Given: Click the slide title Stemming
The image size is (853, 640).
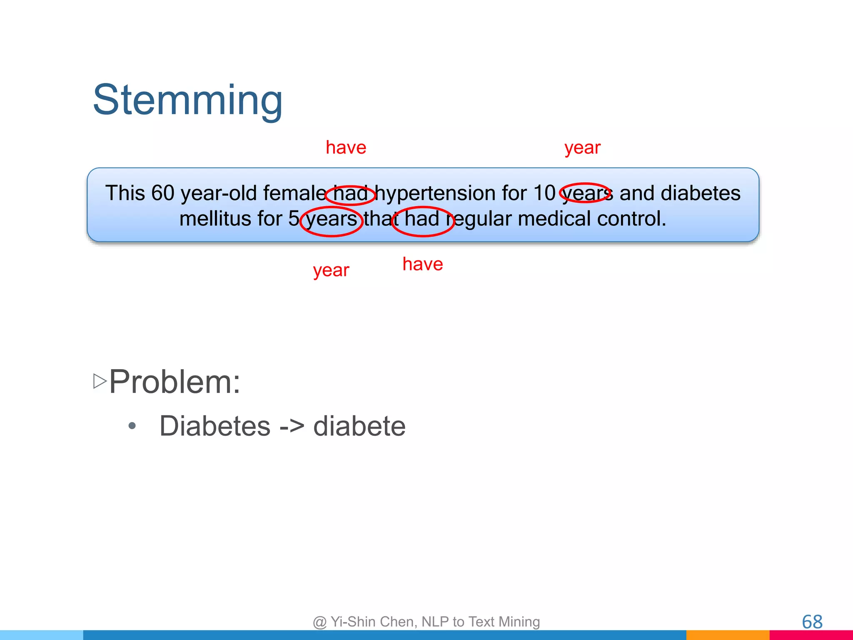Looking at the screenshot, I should [187, 100].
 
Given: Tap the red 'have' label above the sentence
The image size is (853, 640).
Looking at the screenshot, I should [346, 147].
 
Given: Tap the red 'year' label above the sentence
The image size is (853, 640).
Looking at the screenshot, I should [582, 148].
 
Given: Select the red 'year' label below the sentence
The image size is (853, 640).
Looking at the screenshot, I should [331, 271].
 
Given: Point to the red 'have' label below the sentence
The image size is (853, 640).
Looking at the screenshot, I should [423, 264].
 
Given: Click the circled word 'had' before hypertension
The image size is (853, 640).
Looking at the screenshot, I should [350, 194].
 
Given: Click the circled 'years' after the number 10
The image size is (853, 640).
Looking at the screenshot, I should [586, 193].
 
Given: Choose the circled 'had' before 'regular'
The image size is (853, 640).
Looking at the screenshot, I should [422, 219].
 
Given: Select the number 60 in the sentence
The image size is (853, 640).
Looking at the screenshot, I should [162, 193].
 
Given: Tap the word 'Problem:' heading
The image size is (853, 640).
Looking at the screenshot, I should [175, 382].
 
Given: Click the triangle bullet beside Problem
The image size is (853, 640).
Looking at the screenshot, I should [100, 381].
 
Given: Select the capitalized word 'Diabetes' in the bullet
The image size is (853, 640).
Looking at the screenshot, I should [215, 426].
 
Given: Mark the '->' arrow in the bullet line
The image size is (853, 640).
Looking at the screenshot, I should [292, 427].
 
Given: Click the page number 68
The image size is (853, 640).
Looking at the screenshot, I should [812, 622].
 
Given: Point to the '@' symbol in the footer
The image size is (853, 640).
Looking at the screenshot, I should [319, 622].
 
